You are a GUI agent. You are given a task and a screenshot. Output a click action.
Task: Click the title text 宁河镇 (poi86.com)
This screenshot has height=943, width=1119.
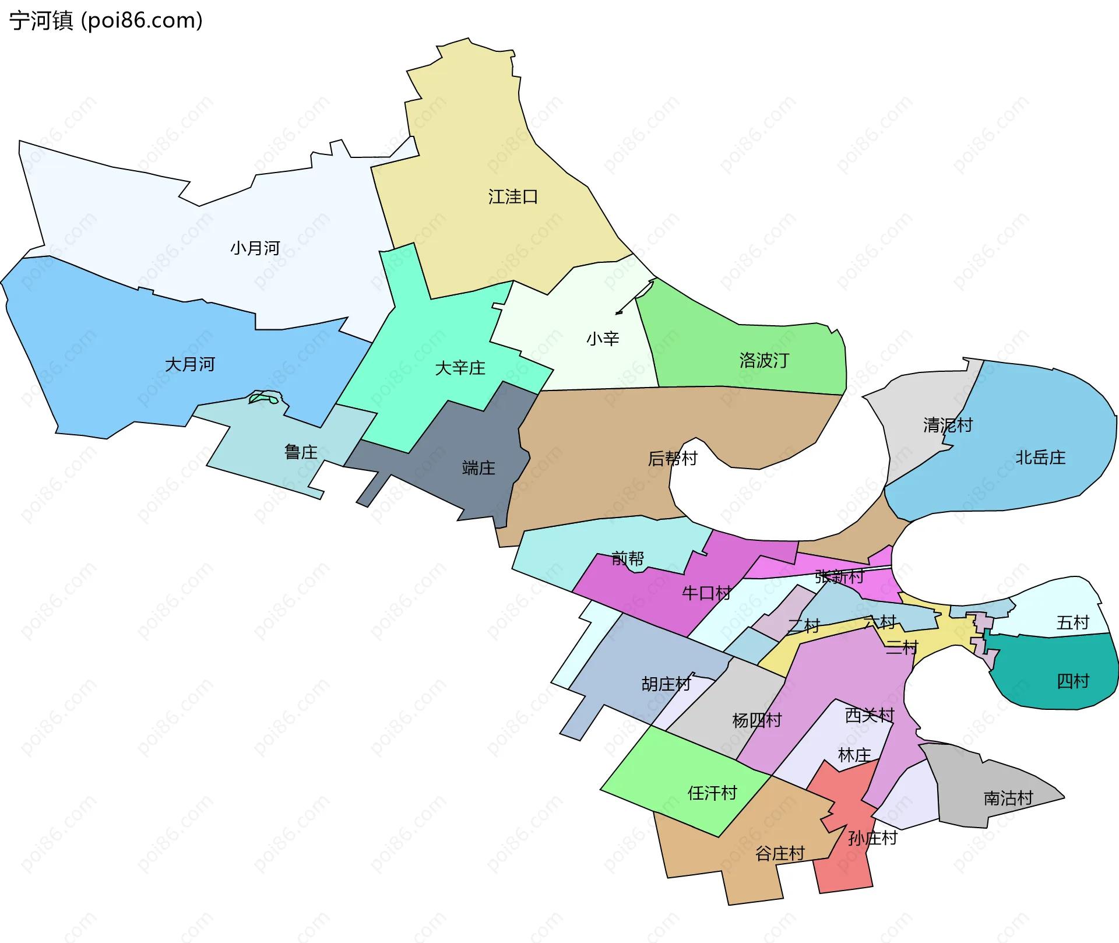(x=106, y=20)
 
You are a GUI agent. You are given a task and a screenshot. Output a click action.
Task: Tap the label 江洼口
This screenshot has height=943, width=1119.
(x=513, y=197)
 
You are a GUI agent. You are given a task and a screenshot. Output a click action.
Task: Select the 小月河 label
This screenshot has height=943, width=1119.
(x=255, y=248)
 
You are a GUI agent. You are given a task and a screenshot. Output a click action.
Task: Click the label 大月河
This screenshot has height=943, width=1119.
(x=190, y=365)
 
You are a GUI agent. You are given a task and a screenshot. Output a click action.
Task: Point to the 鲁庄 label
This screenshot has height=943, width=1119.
(x=301, y=452)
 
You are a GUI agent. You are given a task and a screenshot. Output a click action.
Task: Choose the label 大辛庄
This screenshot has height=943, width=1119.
(x=460, y=368)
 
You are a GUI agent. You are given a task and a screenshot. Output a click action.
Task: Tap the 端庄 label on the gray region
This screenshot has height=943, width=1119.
(x=478, y=468)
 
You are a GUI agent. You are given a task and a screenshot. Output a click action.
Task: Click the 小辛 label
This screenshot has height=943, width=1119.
(x=603, y=339)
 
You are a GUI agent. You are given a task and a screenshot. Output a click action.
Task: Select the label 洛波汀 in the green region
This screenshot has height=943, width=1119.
(x=764, y=360)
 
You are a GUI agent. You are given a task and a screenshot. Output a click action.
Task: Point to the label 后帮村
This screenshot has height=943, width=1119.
(x=673, y=459)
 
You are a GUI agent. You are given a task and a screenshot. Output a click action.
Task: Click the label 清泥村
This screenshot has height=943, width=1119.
(x=948, y=425)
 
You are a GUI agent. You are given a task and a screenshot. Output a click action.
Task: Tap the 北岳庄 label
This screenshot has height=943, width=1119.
(x=1040, y=458)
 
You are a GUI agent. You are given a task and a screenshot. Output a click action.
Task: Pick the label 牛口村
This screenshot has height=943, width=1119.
(x=706, y=593)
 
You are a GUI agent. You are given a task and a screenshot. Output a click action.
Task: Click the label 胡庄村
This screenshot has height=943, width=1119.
(x=666, y=684)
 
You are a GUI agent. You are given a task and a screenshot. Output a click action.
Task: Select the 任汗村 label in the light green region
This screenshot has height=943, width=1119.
(x=712, y=793)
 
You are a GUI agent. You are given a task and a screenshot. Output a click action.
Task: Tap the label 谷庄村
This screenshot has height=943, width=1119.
(x=780, y=854)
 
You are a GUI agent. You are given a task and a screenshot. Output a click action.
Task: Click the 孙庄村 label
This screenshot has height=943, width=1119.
(x=872, y=838)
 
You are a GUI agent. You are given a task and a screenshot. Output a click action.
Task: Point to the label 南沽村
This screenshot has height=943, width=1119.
(x=1008, y=798)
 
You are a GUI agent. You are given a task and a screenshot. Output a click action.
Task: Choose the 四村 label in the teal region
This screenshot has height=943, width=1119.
(x=1072, y=681)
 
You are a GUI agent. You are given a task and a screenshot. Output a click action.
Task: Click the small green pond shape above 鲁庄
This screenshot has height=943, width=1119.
(x=263, y=398)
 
